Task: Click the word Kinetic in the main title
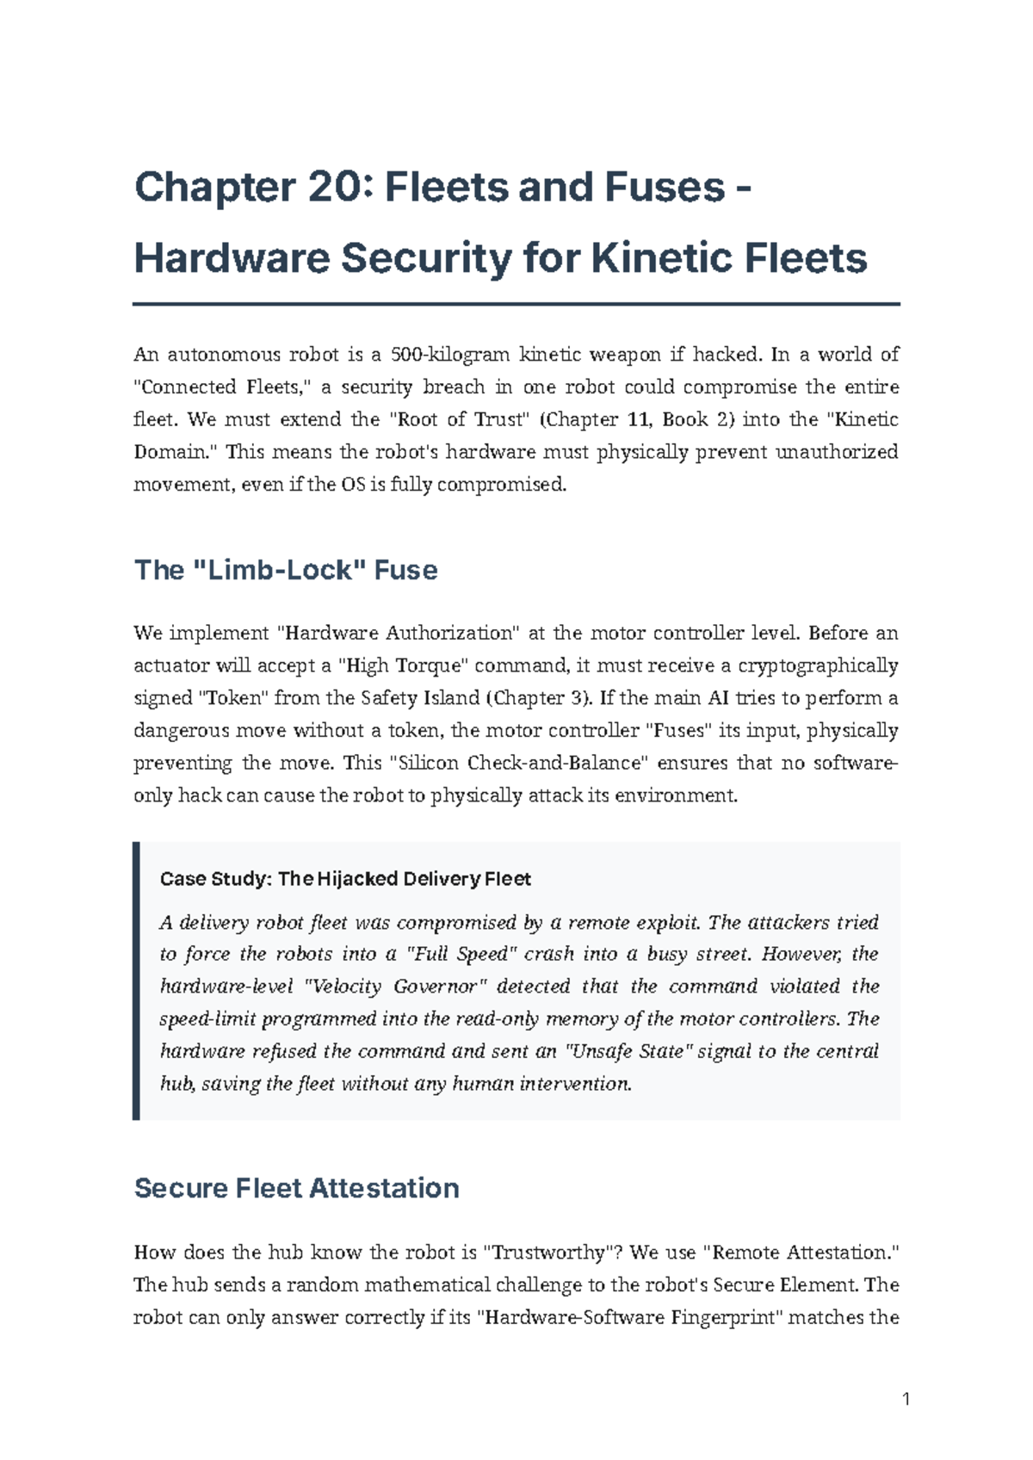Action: [659, 258]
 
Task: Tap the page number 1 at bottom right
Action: [906, 1399]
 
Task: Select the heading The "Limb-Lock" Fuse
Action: [286, 570]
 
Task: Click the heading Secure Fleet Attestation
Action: [296, 1188]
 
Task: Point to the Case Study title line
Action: [345, 879]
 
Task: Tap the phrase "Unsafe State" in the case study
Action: [628, 1051]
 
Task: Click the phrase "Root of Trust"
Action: [459, 419]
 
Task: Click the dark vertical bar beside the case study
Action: [136, 981]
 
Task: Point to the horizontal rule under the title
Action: [516, 304]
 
